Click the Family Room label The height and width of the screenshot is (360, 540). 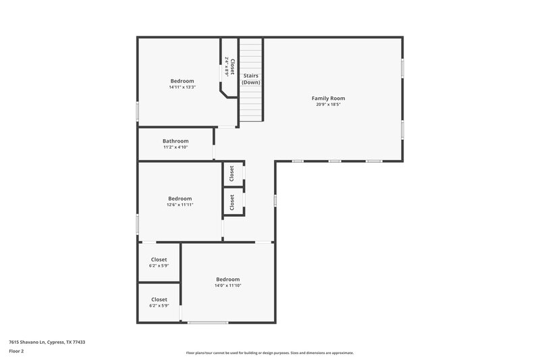coord(328,98)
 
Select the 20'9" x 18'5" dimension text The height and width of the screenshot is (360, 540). coord(328,105)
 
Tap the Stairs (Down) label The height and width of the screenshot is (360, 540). coord(251,79)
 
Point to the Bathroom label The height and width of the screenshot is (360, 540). coord(175,141)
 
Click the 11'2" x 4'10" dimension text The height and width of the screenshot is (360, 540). coord(175,147)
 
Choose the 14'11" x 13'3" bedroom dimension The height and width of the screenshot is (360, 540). coord(182,87)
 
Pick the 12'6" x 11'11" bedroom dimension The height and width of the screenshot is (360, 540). coord(180,205)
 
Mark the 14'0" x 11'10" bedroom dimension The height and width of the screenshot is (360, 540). coord(228,286)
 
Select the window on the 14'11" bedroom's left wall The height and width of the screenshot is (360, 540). coord(138,111)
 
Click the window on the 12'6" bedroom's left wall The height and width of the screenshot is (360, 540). coord(138,224)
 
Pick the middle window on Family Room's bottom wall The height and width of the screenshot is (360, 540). coord(335,161)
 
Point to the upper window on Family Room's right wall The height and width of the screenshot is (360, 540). coord(403,69)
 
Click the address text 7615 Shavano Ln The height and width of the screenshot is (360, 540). coord(47,342)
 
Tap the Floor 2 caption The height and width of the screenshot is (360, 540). coord(16,351)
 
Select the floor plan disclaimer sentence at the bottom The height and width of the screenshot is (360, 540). coord(269,353)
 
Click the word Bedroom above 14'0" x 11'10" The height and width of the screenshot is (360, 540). coord(228,279)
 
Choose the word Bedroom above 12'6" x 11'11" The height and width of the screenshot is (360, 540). coord(180,199)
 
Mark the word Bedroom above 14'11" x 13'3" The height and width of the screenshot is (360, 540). coord(182,81)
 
